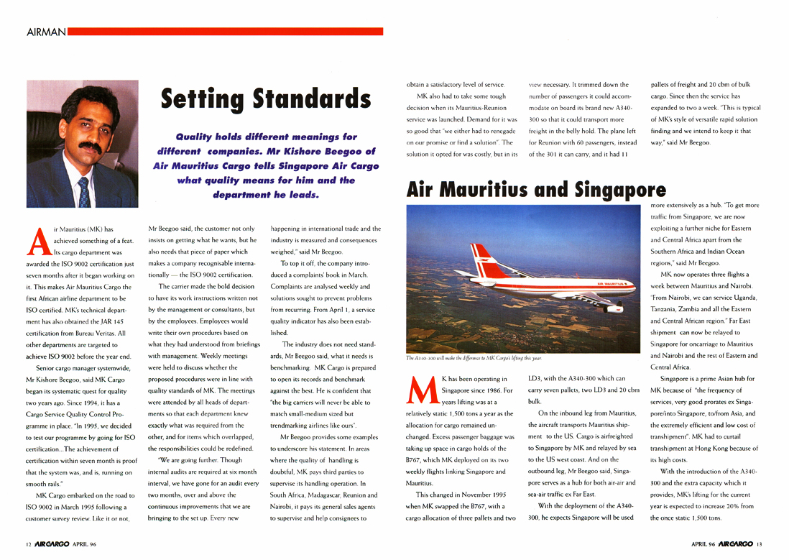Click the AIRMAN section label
point(46,32)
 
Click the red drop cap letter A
point(39,241)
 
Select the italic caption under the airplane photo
point(474,357)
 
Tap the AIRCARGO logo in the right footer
point(735,544)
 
